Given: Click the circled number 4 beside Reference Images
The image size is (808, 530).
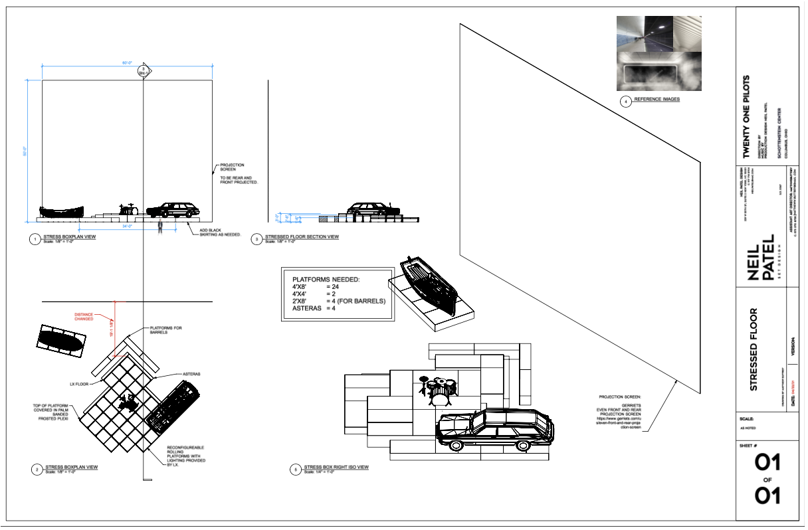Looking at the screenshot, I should [625, 102].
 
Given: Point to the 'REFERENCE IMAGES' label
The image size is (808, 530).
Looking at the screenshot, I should [656, 100].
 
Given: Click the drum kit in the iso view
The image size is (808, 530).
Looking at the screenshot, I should [438, 390].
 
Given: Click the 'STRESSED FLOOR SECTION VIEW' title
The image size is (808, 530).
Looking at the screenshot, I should [302, 237].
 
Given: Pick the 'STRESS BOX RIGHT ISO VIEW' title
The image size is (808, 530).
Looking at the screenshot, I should [336, 468].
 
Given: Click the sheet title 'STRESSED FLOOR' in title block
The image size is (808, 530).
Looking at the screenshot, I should [754, 349].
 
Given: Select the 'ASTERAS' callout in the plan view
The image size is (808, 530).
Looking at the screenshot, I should [192, 374].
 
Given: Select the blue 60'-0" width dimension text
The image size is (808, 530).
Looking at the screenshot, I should [127, 62].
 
